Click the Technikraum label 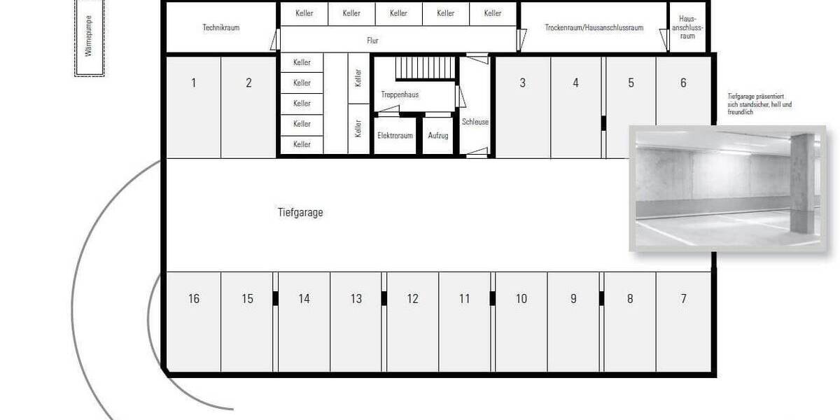[x=220, y=28]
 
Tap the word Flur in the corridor [x=372, y=41]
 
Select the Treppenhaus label [x=400, y=94]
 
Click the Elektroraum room [x=395, y=136]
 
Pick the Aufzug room [x=437, y=136]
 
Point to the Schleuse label [x=475, y=122]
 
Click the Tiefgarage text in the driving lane [x=300, y=212]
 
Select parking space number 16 [x=193, y=299]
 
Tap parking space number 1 [x=193, y=83]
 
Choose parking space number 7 [x=683, y=299]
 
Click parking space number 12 [x=412, y=299]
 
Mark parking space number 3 [x=522, y=83]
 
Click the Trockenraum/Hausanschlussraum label [x=594, y=28]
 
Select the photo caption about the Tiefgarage [x=759, y=104]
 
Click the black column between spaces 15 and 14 [x=275, y=298]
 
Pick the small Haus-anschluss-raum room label [x=687, y=28]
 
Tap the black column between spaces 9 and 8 [x=602, y=298]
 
